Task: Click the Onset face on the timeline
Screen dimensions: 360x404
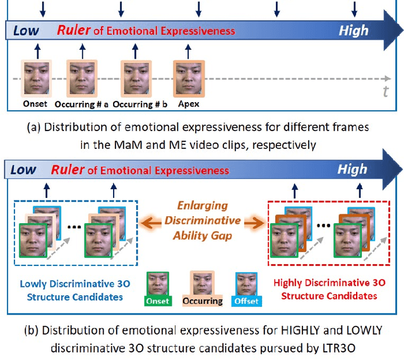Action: pos(33,78)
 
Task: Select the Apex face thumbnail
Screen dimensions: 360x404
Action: pos(187,78)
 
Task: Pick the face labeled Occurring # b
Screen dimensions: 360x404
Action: pos(134,78)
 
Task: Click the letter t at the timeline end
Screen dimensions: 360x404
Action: pos(385,92)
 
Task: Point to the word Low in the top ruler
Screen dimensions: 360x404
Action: pos(25,30)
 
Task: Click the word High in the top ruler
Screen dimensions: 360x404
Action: pos(353,30)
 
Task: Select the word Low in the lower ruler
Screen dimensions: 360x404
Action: pos(24,170)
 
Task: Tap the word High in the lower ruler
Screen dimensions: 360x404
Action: pos(352,170)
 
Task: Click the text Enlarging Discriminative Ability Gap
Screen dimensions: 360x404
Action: pos(203,221)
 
